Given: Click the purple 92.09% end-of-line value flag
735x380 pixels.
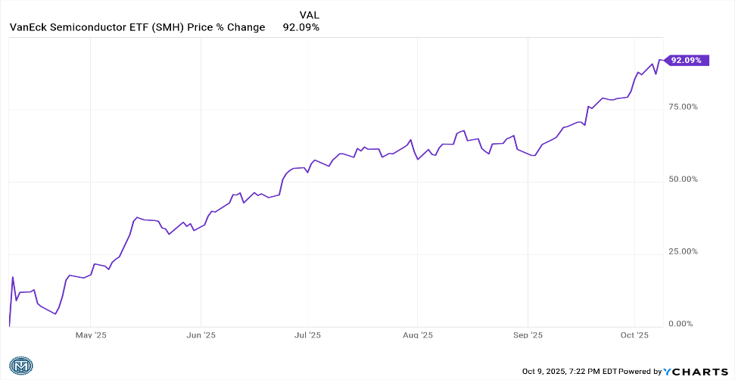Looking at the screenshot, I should tap(687, 60).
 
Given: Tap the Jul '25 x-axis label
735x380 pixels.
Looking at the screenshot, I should tap(307, 335).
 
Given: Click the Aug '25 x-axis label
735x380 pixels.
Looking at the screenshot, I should tap(417, 335).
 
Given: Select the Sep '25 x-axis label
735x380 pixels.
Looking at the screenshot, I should tap(528, 335).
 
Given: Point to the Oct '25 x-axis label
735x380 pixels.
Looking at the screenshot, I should tap(634, 335).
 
